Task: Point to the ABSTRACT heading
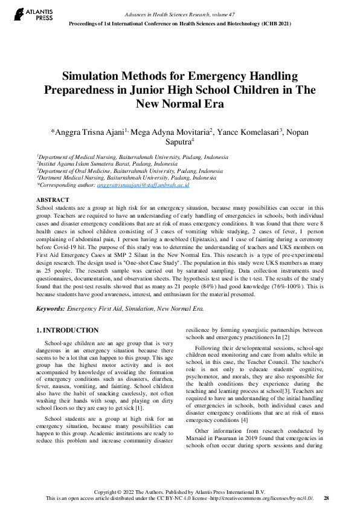tap(53, 199)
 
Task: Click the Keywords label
tap(51, 308)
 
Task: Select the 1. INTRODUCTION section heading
tap(68, 331)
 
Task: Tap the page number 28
tap(326, 498)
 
